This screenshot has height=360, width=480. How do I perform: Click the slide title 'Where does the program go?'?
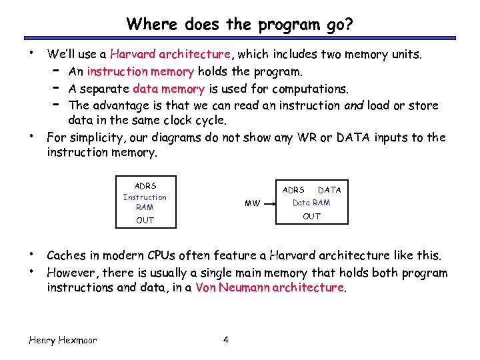tap(240, 25)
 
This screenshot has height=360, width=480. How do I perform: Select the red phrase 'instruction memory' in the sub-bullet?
tap(140, 71)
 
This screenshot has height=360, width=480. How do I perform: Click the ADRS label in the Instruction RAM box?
tap(145, 186)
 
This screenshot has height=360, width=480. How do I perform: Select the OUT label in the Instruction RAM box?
tap(145, 220)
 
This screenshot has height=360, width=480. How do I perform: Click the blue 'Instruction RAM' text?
tap(145, 202)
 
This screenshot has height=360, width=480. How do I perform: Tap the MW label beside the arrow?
tap(252, 203)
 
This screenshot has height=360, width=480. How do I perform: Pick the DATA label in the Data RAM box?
tap(329, 190)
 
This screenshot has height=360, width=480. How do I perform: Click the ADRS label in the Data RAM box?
tap(293, 190)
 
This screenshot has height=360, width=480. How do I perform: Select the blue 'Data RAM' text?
tap(311, 203)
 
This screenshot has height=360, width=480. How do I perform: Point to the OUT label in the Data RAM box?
tap(311, 216)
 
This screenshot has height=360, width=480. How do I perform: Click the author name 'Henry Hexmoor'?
tap(63, 340)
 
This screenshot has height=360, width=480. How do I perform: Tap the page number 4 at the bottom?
tap(226, 340)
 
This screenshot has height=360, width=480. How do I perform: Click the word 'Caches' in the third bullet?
tap(65, 255)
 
